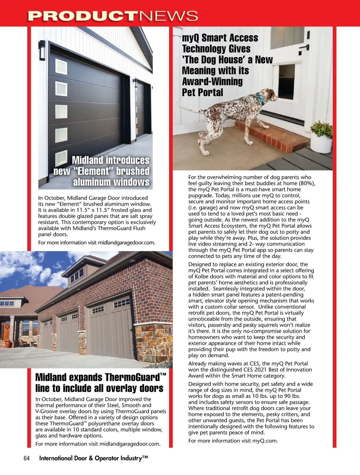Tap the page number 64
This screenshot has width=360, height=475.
(x=26, y=458)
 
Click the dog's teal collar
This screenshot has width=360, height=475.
(x=259, y=99)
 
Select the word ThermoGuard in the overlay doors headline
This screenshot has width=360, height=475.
(x=132, y=377)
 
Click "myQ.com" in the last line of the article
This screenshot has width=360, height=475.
(x=265, y=441)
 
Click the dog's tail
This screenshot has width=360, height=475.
(x=192, y=108)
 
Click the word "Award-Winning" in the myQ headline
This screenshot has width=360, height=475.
(x=212, y=81)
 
